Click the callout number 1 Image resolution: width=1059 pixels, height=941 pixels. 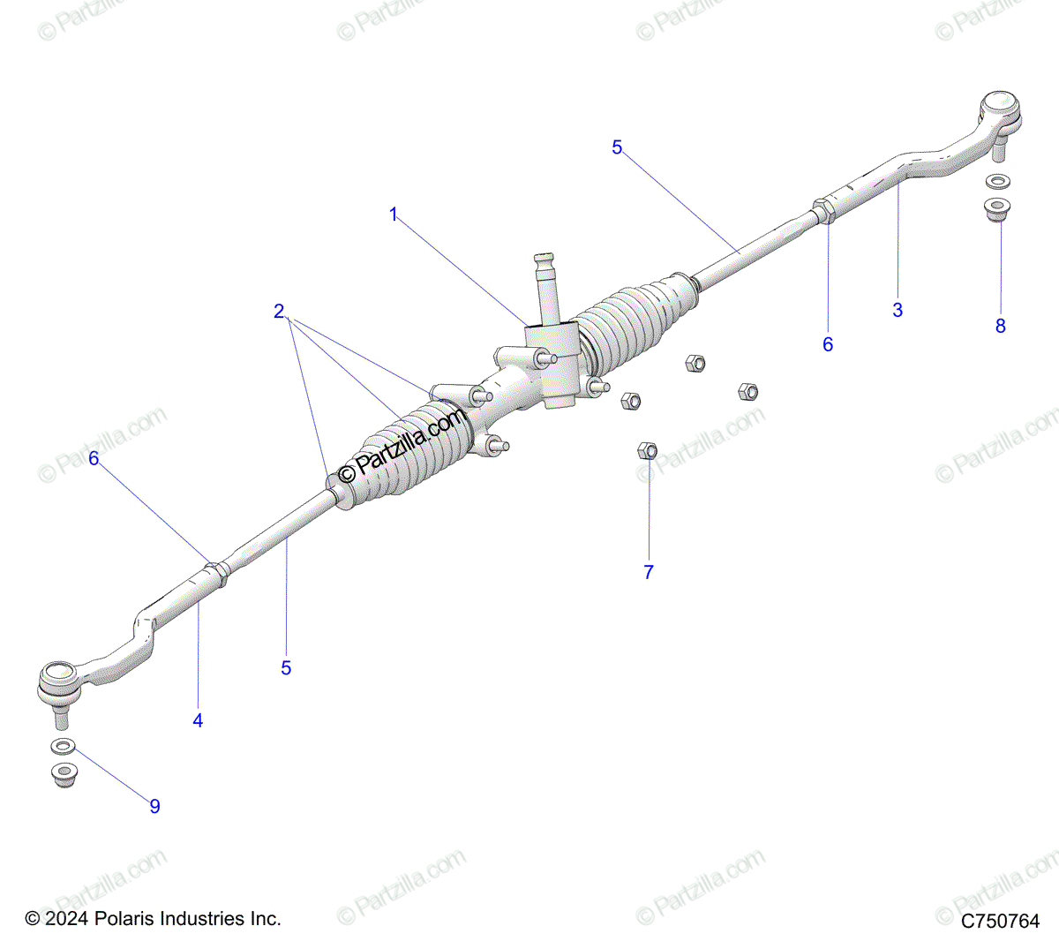[394, 215]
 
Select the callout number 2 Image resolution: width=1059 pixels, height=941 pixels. [279, 311]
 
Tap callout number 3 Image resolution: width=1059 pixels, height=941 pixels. [898, 310]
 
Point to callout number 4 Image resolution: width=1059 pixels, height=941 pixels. [198, 720]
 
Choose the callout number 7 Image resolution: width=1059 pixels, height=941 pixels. [649, 572]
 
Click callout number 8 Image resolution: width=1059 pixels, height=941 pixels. [1000, 326]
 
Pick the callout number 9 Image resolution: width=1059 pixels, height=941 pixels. [154, 806]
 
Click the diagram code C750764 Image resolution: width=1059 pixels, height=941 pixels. [1000, 921]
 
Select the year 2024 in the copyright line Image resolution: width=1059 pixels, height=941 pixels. [66, 919]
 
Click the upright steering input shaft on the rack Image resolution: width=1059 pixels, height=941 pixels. [546, 287]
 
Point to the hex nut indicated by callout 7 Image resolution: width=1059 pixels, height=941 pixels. [646, 450]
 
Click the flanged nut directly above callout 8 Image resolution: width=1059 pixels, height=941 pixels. [997, 210]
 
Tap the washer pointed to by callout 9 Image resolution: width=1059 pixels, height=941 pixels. [62, 747]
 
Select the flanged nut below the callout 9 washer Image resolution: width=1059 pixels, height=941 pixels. [63, 774]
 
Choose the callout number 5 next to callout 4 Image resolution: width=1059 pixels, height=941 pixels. [286, 668]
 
